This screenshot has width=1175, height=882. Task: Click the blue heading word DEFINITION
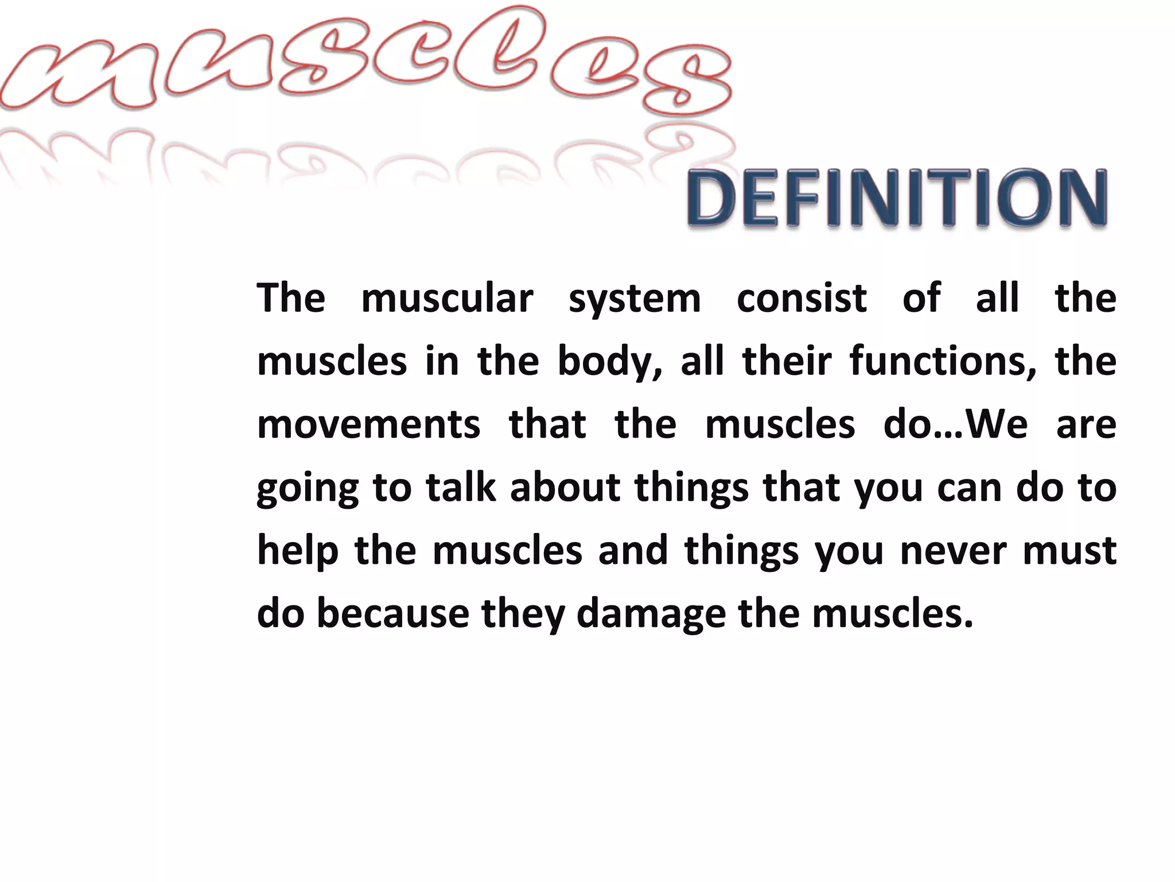point(897,198)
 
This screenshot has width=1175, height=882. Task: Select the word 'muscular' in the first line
point(447,299)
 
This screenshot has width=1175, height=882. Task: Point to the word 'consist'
point(802,299)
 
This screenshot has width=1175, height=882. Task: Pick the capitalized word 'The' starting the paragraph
point(291,299)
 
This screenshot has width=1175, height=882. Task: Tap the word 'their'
point(787,362)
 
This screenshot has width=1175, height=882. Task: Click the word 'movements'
point(368,425)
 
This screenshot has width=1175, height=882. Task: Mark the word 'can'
point(969,488)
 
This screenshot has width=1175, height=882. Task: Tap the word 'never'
point(953,551)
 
